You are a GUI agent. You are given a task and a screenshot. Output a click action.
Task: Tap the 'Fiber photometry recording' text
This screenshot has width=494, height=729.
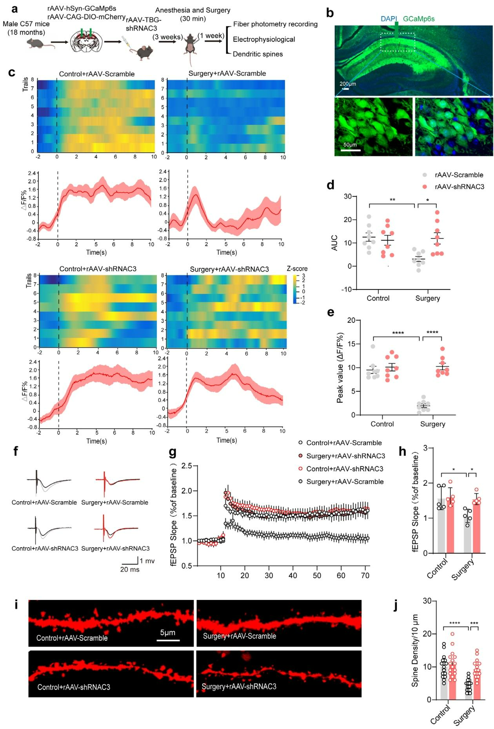point(275,24)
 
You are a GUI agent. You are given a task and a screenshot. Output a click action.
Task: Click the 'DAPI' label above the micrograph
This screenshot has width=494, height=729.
point(389,19)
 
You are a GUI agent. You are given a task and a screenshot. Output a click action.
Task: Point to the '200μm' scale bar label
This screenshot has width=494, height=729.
point(348,84)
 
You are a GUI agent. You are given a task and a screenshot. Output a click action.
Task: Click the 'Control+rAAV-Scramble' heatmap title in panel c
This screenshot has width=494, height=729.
point(97,74)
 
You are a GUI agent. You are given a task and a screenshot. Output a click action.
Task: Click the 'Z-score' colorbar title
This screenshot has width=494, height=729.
point(297,269)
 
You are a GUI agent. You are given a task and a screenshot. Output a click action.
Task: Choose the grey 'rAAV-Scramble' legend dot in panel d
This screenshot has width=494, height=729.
point(425,175)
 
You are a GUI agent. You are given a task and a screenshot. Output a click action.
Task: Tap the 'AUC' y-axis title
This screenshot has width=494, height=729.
point(334,243)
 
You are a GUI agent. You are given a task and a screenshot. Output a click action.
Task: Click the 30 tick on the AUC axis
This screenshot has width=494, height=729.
point(348,197)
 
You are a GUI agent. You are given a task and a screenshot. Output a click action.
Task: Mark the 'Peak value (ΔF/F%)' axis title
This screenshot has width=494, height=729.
point(340,368)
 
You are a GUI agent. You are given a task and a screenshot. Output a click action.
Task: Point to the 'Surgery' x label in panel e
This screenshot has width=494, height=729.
point(432,424)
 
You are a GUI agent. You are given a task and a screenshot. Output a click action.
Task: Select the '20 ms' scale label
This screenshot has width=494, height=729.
point(130,569)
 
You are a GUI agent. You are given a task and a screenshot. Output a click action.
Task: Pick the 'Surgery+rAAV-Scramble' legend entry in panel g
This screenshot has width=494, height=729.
point(345,482)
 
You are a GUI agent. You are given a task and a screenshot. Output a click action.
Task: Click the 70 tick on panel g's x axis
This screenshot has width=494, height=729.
point(365,576)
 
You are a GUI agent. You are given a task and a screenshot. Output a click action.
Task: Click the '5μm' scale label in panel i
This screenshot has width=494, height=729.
point(167,632)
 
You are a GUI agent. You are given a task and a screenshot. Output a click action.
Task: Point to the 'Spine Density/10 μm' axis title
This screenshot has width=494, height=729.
point(415,651)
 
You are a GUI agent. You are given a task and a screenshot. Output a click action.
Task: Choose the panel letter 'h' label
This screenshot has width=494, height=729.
point(402,452)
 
